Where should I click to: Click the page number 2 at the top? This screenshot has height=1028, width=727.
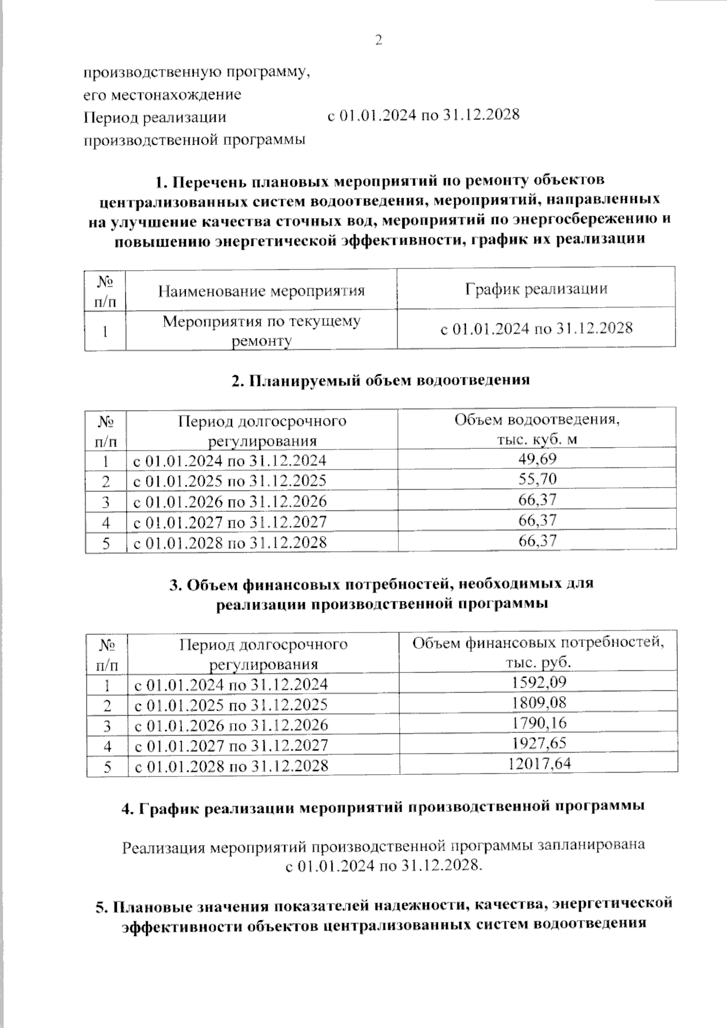coord(379,41)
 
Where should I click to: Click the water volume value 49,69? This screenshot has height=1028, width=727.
coord(537,459)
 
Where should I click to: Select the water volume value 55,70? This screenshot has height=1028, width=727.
coord(537,479)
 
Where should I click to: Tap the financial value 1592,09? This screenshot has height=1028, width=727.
coord(539,683)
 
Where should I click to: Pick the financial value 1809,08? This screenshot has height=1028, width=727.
coord(539,703)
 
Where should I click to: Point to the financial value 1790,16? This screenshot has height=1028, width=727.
coord(539,723)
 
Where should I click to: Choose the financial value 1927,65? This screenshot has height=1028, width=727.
coord(539,743)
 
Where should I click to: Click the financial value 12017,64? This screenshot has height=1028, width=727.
coord(539,764)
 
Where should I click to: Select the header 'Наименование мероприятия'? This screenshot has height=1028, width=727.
coord(261,291)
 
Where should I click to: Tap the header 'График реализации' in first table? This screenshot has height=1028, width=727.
coord(536,288)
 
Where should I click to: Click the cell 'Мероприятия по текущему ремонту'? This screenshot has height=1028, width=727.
coord(261,330)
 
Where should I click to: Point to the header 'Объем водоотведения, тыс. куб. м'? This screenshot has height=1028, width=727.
coord(537,429)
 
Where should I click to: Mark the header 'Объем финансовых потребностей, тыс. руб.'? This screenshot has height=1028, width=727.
coord(538,652)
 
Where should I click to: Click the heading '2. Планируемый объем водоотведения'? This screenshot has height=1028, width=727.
coord(380,380)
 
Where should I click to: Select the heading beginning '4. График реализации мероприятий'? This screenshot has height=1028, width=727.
coord(382,807)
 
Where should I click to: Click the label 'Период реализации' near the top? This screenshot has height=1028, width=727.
coord(154,117)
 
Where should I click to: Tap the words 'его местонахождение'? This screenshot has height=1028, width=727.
coord(162,95)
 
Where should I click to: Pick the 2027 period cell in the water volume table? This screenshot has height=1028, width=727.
coord(230,522)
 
